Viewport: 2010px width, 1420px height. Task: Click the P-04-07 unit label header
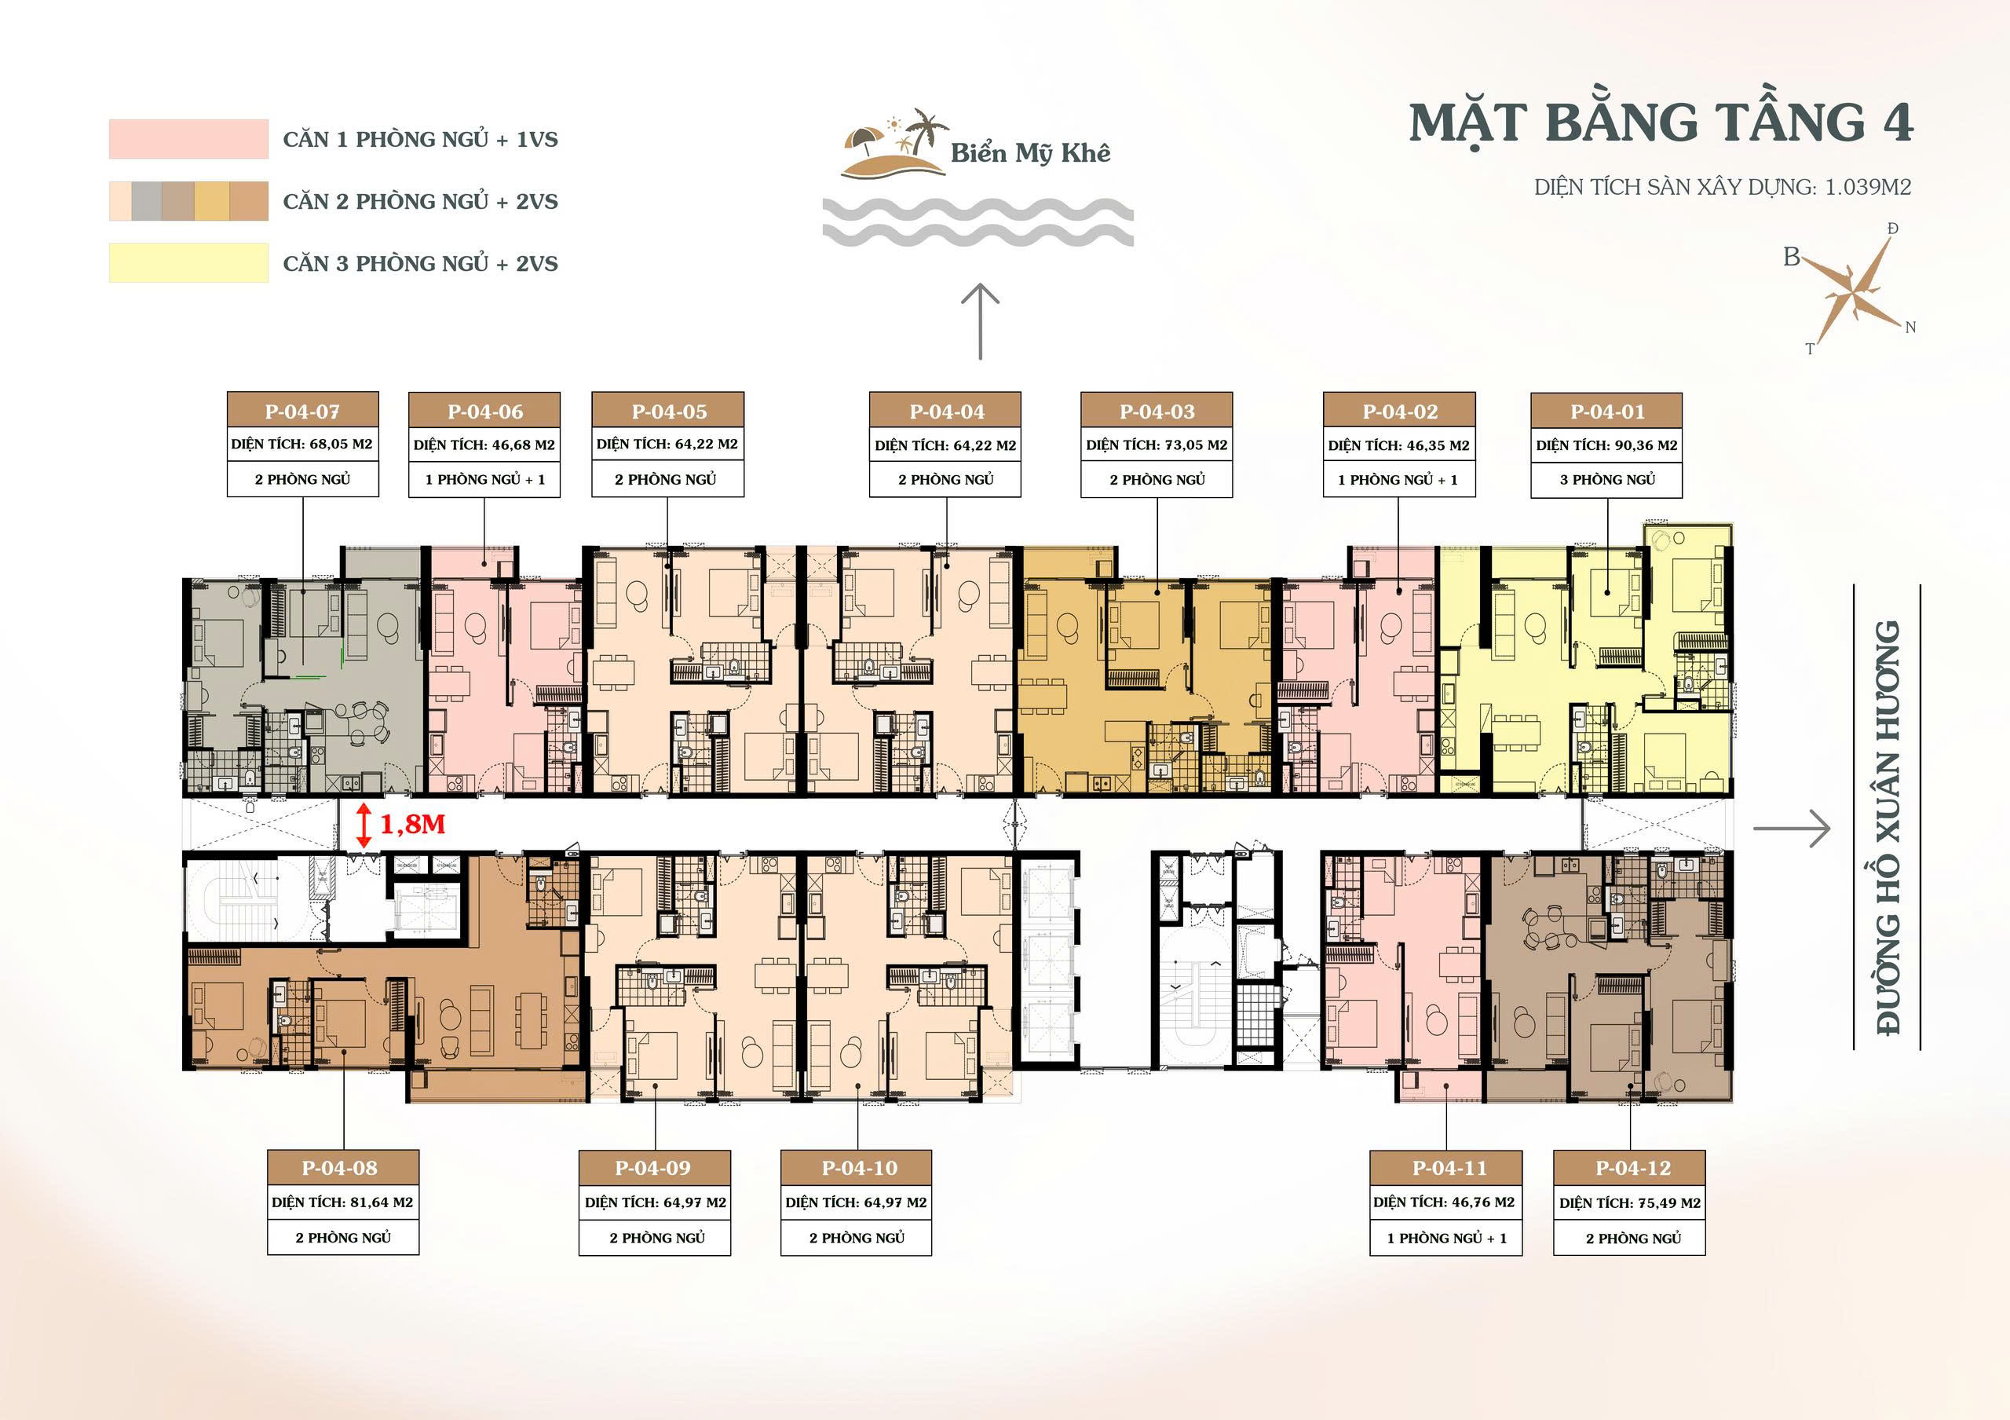pyautogui.click(x=303, y=411)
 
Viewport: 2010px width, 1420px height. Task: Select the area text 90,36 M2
pyautogui.click(x=1646, y=445)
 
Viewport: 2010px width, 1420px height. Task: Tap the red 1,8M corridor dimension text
pyautogui.click(x=412, y=824)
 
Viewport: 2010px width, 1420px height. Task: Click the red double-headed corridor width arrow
pyautogui.click(x=364, y=826)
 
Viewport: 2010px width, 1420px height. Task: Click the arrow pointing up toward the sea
pyautogui.click(x=980, y=321)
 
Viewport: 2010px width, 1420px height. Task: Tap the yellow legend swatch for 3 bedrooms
pyautogui.click(x=188, y=262)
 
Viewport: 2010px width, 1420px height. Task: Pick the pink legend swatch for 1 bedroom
pyautogui.click(x=188, y=139)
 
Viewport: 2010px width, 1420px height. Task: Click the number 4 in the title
pyautogui.click(x=1897, y=122)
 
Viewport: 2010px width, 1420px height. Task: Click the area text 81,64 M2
pyautogui.click(x=381, y=1202)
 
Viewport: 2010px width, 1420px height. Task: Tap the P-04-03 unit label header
pyautogui.click(x=1157, y=411)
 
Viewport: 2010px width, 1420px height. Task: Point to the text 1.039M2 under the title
pyautogui.click(x=1867, y=186)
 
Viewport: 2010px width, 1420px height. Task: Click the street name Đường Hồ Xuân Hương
pyautogui.click(x=1887, y=827)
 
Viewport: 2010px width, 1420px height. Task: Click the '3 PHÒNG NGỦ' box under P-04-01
pyautogui.click(x=1606, y=480)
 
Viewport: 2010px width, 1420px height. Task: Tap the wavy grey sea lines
pyautogui.click(x=978, y=221)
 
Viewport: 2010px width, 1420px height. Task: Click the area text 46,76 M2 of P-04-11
pyautogui.click(x=1482, y=1202)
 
